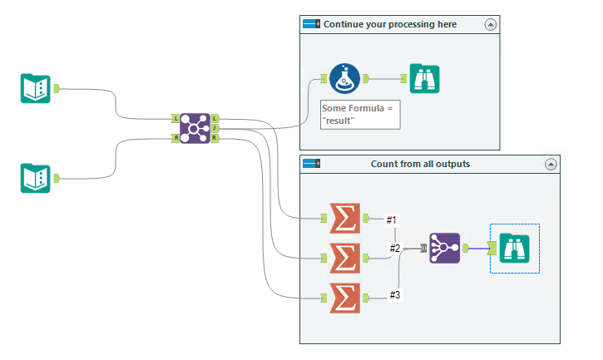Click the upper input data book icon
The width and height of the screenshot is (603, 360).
(35, 88)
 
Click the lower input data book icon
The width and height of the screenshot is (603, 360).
(35, 178)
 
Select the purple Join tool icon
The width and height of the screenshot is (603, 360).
(195, 129)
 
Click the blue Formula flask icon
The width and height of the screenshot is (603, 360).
(344, 79)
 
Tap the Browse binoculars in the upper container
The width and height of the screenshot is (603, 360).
(424, 79)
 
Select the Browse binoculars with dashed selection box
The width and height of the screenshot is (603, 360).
(514, 248)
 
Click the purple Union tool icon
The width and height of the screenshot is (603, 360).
(444, 248)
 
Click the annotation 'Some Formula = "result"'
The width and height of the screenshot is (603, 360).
(360, 115)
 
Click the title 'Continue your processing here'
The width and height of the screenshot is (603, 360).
(389, 25)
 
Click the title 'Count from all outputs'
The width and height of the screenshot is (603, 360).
(420, 164)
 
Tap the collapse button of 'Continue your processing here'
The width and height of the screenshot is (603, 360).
(490, 25)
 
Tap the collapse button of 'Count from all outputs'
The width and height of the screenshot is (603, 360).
(550, 165)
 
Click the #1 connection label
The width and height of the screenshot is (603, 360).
(393, 220)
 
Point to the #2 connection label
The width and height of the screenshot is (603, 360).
(396, 249)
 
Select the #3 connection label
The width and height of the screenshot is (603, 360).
(396, 294)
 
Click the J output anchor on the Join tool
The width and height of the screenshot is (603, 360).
(215, 129)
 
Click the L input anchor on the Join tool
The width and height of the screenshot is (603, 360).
(175, 119)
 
